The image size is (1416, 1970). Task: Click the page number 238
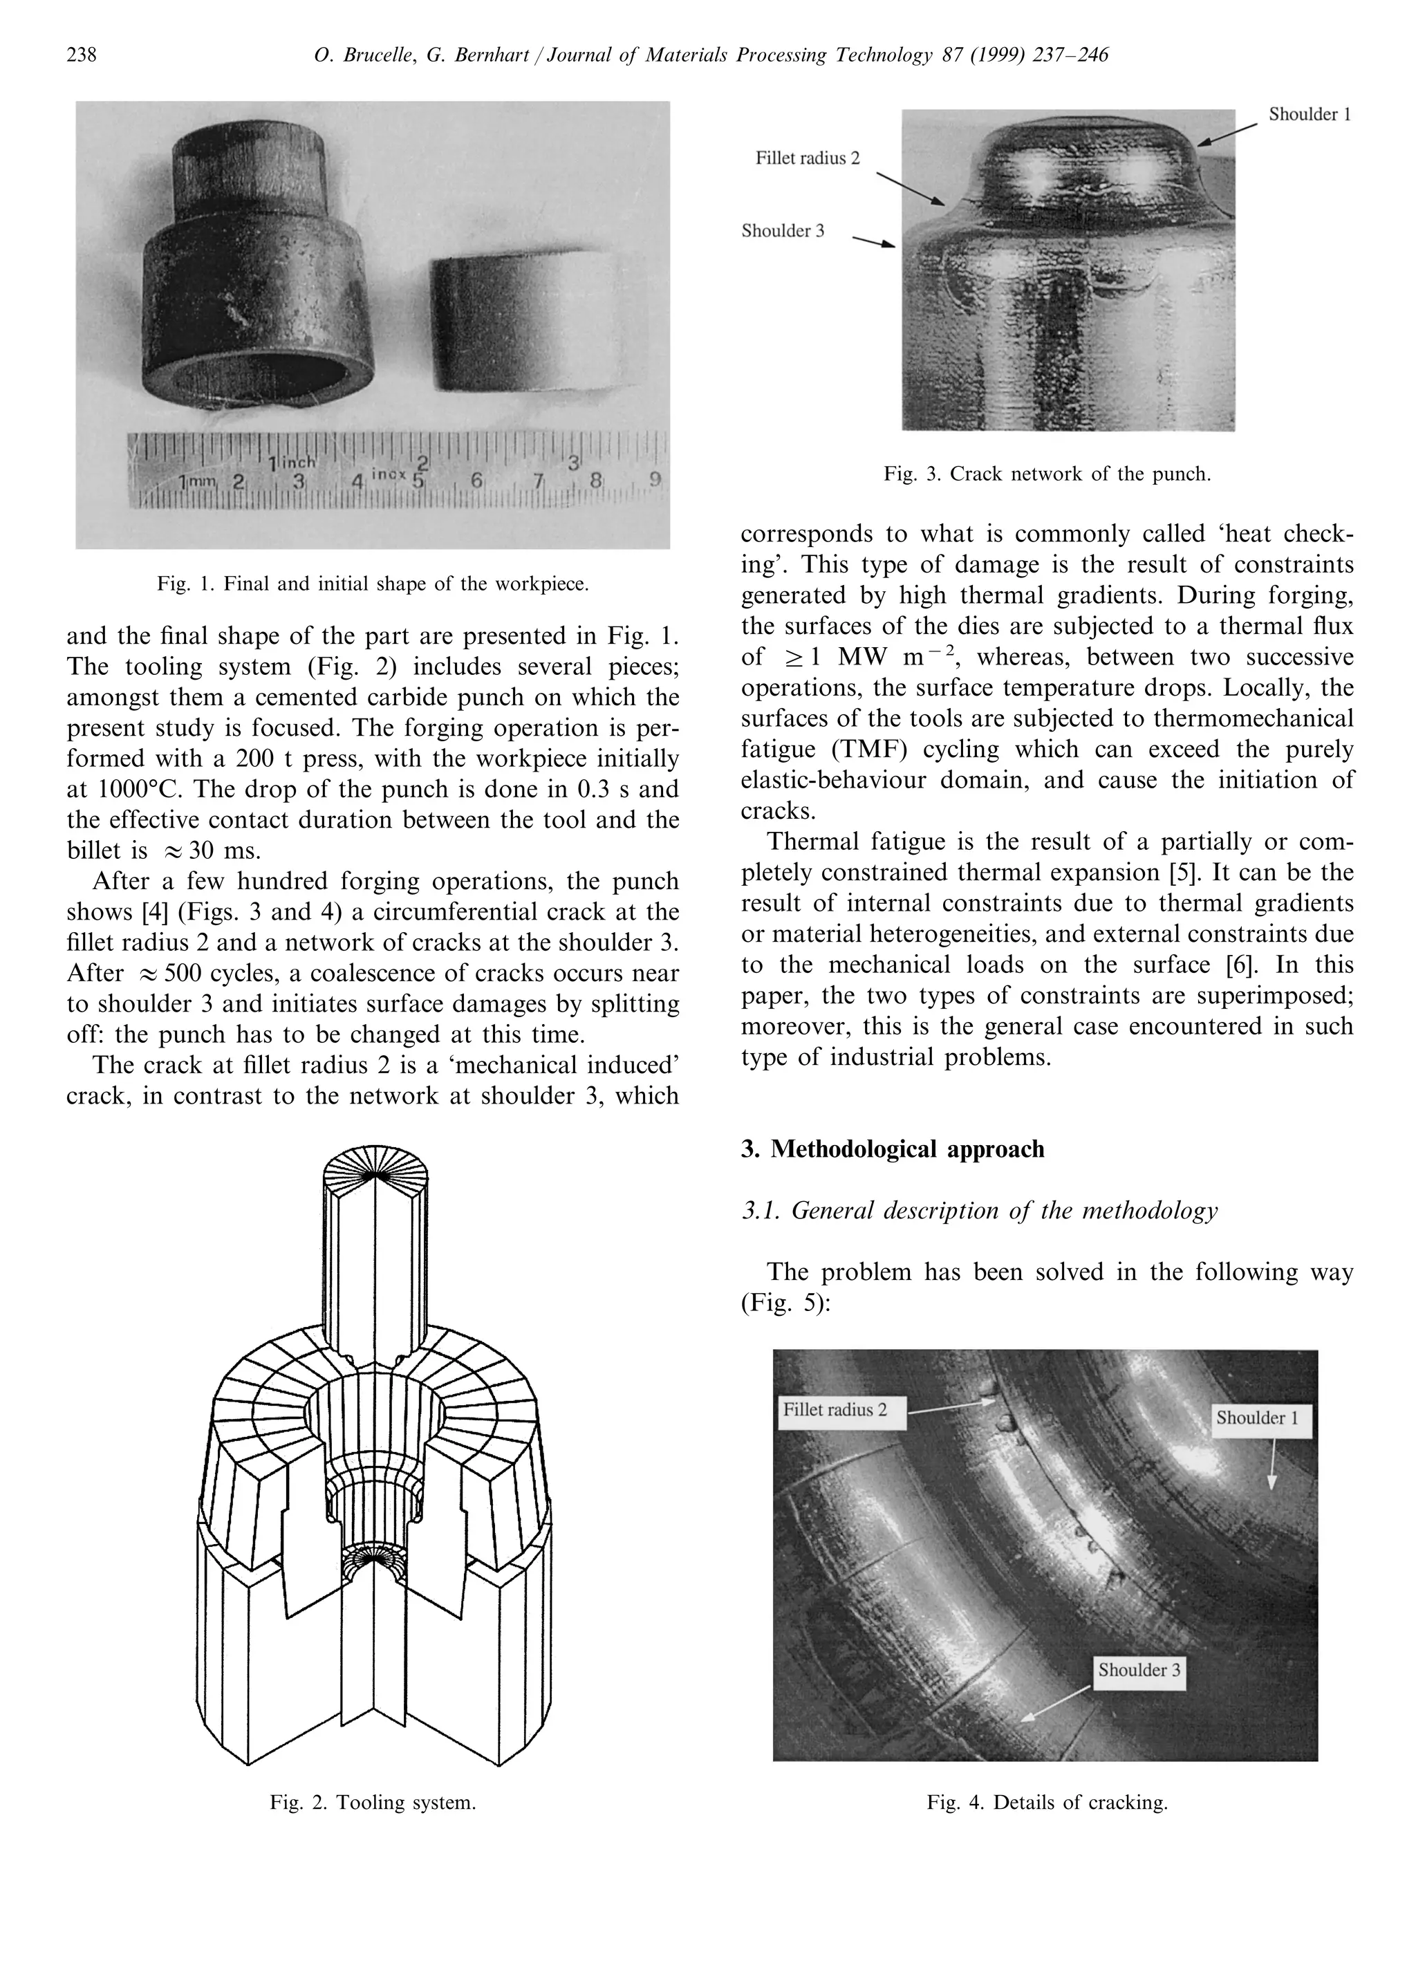pos(82,55)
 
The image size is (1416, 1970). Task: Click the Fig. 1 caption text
pos(373,584)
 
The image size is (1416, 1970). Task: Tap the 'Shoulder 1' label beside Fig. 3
pos(1309,115)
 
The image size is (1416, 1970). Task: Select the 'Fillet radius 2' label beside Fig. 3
pos(807,158)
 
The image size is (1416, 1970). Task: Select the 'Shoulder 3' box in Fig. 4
pos(1139,1669)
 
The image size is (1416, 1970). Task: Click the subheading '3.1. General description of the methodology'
pos(979,1210)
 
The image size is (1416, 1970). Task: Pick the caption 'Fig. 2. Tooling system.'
pos(373,1803)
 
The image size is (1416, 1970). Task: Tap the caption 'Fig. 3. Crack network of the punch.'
pos(1047,474)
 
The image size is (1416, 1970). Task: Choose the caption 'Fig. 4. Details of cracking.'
pos(1047,1803)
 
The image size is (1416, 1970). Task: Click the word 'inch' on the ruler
pos(295,462)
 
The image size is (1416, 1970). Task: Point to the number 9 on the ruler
pos(654,478)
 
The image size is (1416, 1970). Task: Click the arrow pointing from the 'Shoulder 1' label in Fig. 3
pos(1227,133)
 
